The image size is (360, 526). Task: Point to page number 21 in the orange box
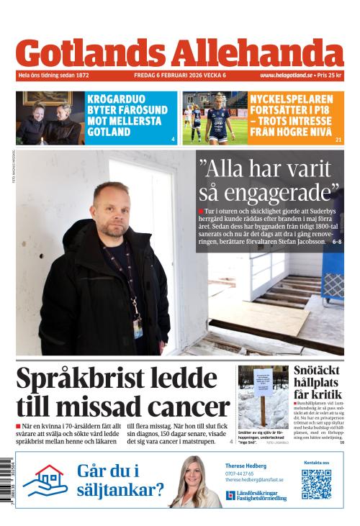[x=338, y=139]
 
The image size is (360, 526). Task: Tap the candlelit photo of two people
[x=50, y=118]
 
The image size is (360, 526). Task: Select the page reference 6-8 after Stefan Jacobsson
[x=337, y=242]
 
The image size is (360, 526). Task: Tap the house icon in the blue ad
[x=45, y=481]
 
